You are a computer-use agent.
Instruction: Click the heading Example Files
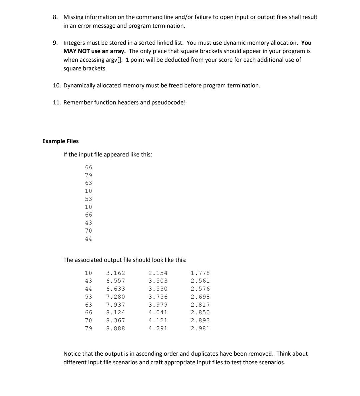pyautogui.click(x=60, y=141)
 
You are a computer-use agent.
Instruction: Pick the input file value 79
pyautogui.click(x=88, y=175)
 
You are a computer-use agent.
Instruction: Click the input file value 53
pyautogui.click(x=88, y=199)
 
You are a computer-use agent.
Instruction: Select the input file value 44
pyautogui.click(x=88, y=239)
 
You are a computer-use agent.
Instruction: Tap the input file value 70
pyautogui.click(x=88, y=231)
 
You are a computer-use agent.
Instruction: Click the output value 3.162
pyautogui.click(x=115, y=273)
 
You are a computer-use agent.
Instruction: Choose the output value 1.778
pyautogui.click(x=200, y=273)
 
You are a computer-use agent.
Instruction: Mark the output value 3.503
pyautogui.click(x=158, y=281)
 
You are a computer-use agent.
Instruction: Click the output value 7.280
pyautogui.click(x=115, y=297)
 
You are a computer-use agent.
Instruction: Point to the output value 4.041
pyautogui.click(x=158, y=313)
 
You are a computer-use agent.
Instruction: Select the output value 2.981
pyautogui.click(x=200, y=328)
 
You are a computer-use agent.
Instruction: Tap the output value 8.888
pyautogui.click(x=115, y=328)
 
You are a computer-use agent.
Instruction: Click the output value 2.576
pyautogui.click(x=200, y=289)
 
